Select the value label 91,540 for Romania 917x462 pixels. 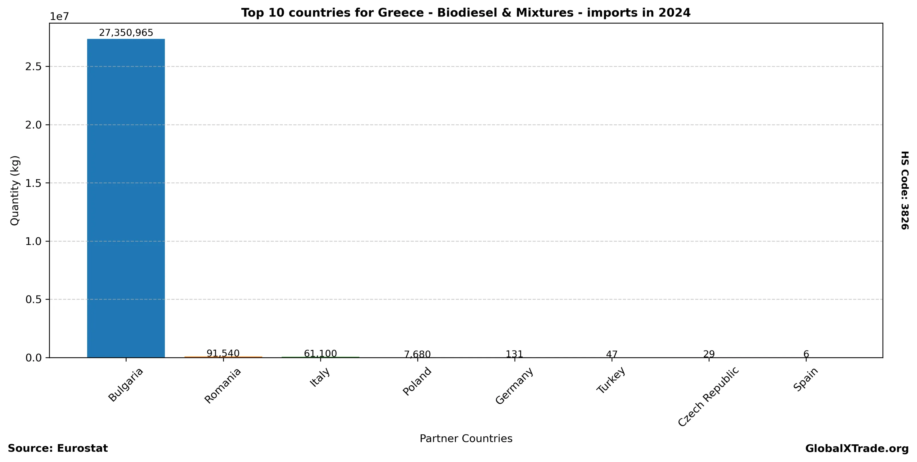click(x=223, y=353)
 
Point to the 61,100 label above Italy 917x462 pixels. click(x=320, y=354)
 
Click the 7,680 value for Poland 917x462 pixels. click(x=417, y=354)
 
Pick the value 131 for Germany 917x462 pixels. click(x=514, y=354)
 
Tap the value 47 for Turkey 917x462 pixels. click(x=612, y=354)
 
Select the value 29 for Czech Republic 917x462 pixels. click(x=709, y=354)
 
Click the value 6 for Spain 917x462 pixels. click(x=806, y=354)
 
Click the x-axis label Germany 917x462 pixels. click(x=514, y=386)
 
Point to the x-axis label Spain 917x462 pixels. click(x=806, y=379)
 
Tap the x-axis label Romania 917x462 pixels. click(x=223, y=386)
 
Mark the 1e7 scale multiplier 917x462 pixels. click(x=59, y=16)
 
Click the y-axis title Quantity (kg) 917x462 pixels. click(x=14, y=190)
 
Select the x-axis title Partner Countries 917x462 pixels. click(x=466, y=438)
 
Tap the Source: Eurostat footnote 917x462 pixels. click(x=58, y=448)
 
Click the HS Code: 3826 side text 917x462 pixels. click(x=905, y=190)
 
